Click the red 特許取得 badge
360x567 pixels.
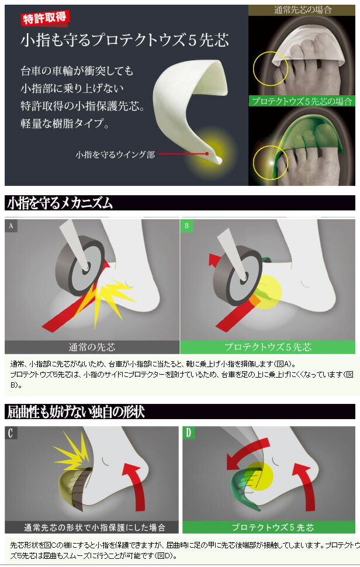(44, 18)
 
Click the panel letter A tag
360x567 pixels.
(11, 226)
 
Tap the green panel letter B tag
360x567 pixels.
(186, 226)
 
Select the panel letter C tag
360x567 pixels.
(11, 433)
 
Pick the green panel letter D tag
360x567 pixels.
(188, 433)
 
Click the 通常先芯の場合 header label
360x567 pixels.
(303, 10)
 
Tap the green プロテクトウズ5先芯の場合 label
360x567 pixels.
(302, 101)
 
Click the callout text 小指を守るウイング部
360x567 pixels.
(115, 154)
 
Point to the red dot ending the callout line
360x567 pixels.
(207, 154)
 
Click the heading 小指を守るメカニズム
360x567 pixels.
(60, 203)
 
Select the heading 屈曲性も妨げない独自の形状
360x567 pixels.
(76, 412)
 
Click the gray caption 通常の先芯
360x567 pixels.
(92, 347)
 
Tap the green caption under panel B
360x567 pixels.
(268, 347)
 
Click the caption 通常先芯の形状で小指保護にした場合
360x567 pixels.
(94, 528)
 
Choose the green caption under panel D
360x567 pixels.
(272, 528)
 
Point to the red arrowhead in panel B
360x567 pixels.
(214, 259)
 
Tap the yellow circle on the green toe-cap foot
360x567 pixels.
(270, 163)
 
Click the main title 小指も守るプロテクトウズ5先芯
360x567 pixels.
(124, 40)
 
